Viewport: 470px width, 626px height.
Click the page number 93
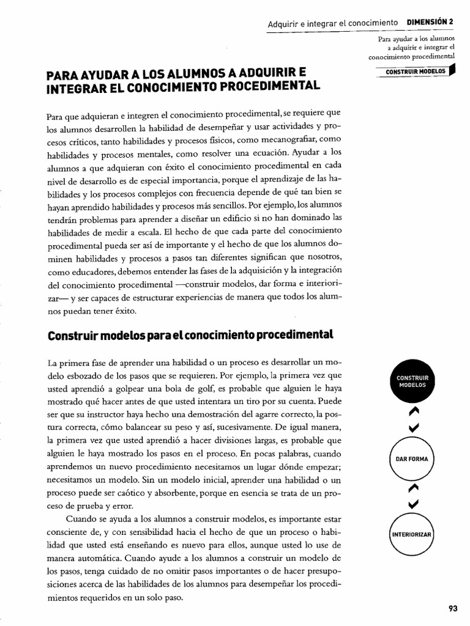pos(453,608)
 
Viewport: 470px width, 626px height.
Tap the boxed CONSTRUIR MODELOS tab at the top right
pos(415,71)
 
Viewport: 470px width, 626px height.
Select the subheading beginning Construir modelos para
pos(189,334)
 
